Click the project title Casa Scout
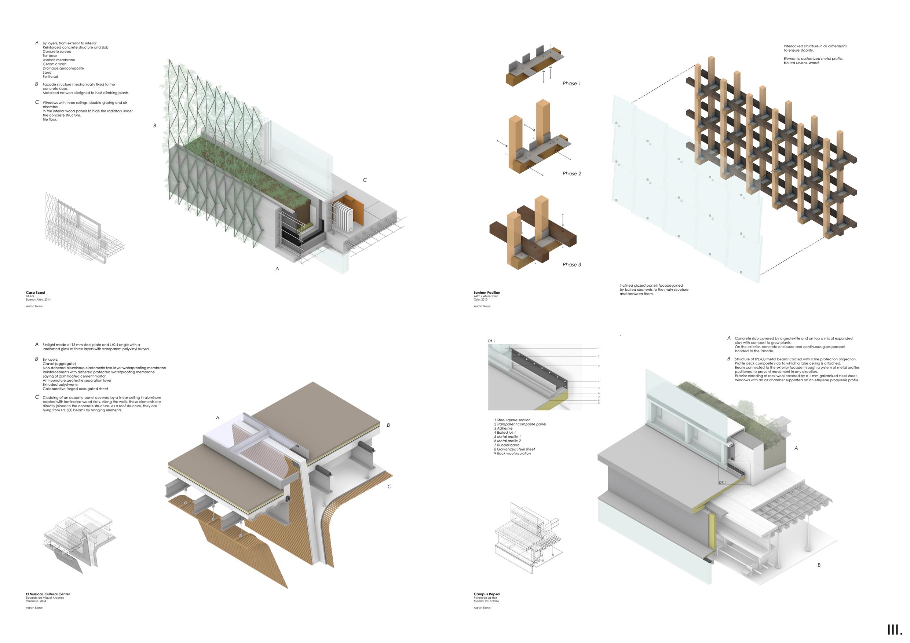tap(36, 293)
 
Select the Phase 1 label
tap(571, 84)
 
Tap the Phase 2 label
tap(571, 173)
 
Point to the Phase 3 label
tap(571, 265)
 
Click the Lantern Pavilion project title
tap(487, 293)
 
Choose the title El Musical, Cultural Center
tap(48, 594)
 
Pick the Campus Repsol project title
tap(487, 594)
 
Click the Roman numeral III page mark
tap(895, 630)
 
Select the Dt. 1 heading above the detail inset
tap(491, 341)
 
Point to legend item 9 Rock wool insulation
tap(512, 453)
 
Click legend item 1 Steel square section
tap(512, 419)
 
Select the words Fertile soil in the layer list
tap(50, 77)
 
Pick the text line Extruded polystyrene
tap(60, 384)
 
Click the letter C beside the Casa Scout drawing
tap(365, 180)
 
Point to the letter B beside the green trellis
tap(154, 126)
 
